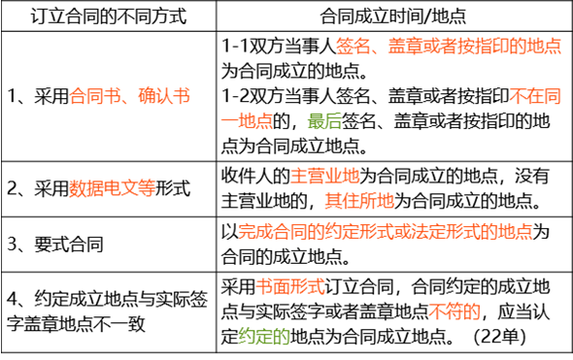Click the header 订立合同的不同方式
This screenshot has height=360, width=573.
[x=109, y=16]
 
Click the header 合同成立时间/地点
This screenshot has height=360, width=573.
[x=393, y=16]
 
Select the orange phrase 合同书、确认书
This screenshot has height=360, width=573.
[x=130, y=96]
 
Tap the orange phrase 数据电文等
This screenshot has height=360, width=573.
[x=113, y=188]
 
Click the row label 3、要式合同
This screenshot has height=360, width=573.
[x=55, y=245]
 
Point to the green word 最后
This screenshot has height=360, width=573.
[x=324, y=121]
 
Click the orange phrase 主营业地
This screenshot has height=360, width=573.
[x=325, y=176]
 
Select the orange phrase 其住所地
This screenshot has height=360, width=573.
[x=359, y=201]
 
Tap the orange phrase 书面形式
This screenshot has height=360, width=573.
[x=290, y=286]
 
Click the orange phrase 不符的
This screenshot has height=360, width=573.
[x=455, y=311]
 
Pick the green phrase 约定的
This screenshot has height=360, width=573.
[x=264, y=337]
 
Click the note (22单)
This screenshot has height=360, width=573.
[x=499, y=337]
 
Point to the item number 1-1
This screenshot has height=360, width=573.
[x=235, y=47]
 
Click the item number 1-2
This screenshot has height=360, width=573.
[x=236, y=96]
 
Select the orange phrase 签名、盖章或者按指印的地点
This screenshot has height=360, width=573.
[x=449, y=47]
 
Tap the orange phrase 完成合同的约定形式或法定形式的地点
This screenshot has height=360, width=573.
[x=386, y=232]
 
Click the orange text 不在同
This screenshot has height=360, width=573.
[x=535, y=96]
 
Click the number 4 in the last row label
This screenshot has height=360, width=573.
[x=12, y=299]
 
